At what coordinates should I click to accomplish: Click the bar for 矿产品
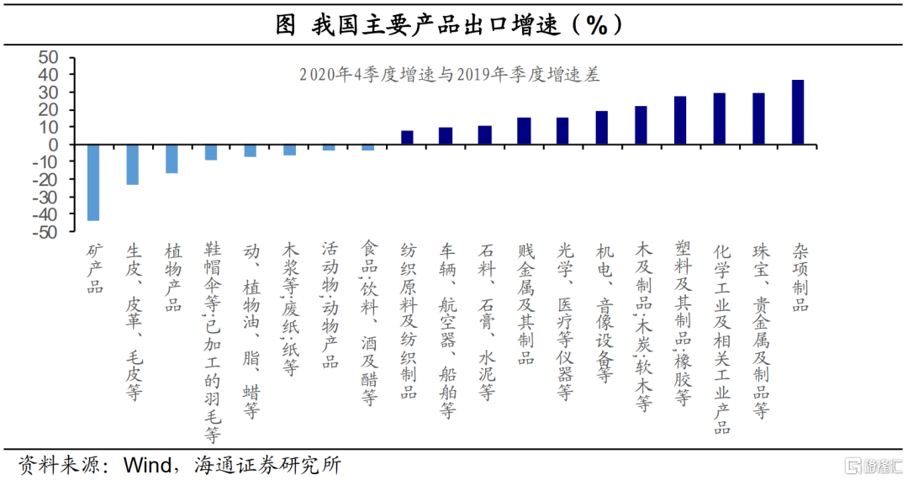[x=93, y=182]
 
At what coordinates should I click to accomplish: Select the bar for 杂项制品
[x=798, y=113]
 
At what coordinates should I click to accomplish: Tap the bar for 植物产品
[x=172, y=159]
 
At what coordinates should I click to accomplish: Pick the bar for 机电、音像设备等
[x=602, y=128]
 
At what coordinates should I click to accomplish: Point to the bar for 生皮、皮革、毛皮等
[x=133, y=165]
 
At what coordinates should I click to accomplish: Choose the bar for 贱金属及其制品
[x=524, y=131]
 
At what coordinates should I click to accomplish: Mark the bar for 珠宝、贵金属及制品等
[x=758, y=119]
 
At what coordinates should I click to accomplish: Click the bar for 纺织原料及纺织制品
[x=407, y=138]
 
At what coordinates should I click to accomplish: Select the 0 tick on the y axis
[x=55, y=145]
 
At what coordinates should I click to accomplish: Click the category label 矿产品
[x=94, y=269]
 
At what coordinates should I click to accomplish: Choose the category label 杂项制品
[x=800, y=278]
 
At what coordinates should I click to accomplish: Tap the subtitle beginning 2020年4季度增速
[x=449, y=75]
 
